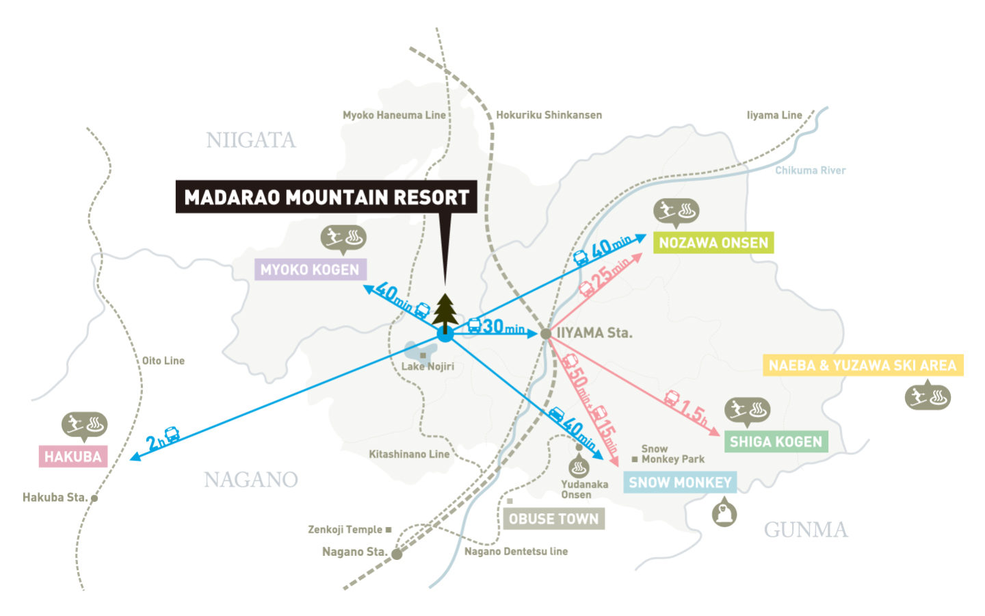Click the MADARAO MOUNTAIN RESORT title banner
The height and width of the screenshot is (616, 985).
click(326, 197)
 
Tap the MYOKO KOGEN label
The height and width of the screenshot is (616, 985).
click(310, 270)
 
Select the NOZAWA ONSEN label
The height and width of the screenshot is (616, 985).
click(713, 243)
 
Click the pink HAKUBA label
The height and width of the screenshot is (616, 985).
click(73, 457)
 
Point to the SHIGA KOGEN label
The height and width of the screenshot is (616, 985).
click(776, 442)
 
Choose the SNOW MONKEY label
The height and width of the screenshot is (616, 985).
click(680, 483)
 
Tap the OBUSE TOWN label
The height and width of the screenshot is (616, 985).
click(553, 519)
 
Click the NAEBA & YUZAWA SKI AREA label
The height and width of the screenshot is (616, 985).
click(863, 365)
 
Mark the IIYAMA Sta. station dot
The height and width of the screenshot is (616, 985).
click(545, 333)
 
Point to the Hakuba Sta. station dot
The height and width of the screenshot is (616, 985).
click(94, 498)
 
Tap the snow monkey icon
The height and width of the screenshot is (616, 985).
click(724, 512)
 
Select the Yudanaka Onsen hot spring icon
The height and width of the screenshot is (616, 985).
click(579, 467)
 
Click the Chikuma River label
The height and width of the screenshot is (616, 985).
click(810, 170)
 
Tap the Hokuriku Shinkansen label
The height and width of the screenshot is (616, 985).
click(549, 115)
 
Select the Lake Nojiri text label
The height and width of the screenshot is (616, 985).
click(428, 366)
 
